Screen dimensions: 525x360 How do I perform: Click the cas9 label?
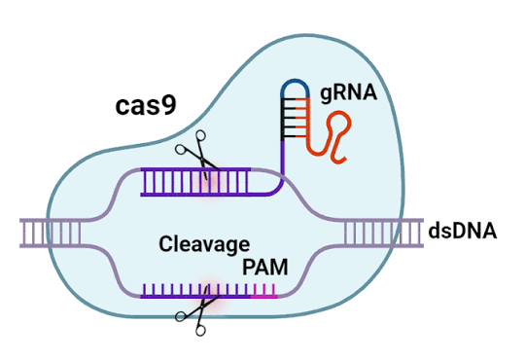point(146,106)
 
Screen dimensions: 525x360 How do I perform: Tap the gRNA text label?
point(349,92)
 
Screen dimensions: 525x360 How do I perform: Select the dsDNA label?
point(463,231)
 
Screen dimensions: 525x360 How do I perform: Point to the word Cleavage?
point(204,244)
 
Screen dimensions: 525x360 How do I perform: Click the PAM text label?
point(265,268)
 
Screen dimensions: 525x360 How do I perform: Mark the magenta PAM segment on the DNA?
point(264,292)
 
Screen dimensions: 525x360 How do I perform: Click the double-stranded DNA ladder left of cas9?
point(51,233)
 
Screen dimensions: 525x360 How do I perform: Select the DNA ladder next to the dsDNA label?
point(384,233)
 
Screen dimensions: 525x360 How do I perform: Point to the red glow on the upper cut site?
point(210,181)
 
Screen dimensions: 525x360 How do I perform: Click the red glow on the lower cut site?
point(210,295)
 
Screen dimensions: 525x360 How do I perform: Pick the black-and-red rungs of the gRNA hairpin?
point(295,118)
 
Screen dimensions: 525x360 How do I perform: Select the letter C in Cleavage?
point(166,244)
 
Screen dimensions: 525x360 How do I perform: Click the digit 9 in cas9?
point(169,106)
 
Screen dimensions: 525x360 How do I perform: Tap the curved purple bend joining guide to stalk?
point(276,189)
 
